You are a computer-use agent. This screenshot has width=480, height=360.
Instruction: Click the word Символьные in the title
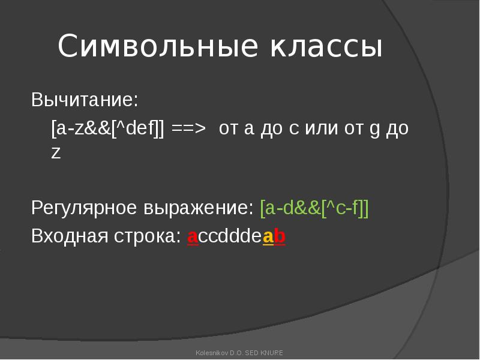tap(158, 46)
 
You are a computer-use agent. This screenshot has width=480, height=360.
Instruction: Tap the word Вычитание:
tap(85, 100)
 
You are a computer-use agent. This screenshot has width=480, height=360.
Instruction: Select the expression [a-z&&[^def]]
tap(108, 128)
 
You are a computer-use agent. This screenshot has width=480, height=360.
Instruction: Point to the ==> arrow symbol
tap(188, 128)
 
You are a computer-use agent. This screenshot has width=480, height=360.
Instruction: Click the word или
tap(322, 128)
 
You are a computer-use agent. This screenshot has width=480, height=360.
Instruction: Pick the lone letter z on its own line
tap(56, 153)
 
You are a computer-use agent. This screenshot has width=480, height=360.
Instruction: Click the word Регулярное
tap(84, 208)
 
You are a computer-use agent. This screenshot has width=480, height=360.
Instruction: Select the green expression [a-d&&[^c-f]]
tap(314, 208)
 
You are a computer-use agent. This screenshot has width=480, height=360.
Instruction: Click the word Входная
tap(70, 236)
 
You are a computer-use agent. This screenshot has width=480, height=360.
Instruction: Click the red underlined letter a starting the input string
tap(193, 237)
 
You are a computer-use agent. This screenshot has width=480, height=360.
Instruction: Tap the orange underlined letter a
tap(268, 237)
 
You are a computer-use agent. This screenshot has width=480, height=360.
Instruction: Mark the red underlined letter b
tap(280, 236)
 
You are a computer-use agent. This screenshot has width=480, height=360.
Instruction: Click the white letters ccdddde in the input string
tap(230, 236)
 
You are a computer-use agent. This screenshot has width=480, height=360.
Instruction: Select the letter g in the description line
tap(374, 130)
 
